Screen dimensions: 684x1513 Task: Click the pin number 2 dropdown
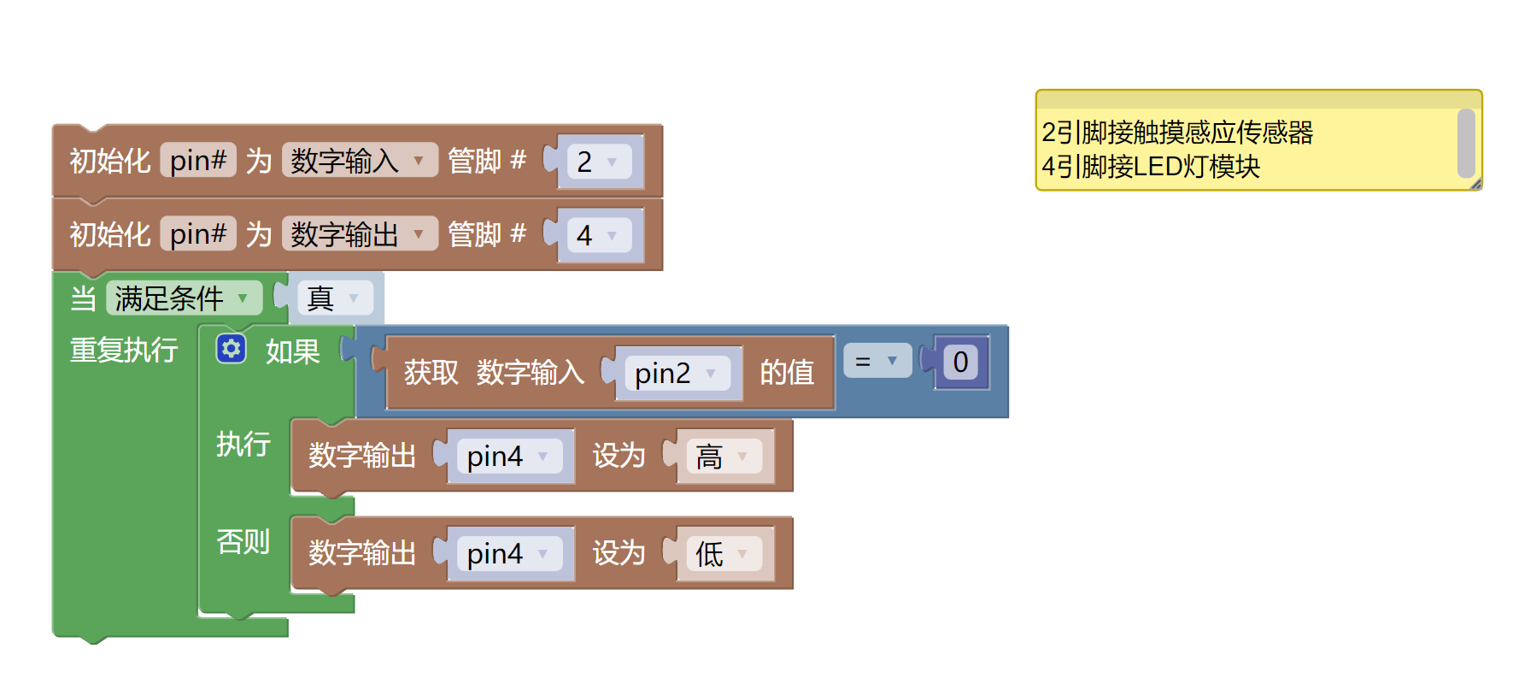[x=598, y=162]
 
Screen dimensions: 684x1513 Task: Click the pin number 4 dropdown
[x=598, y=235]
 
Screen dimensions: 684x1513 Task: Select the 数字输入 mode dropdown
[x=358, y=161]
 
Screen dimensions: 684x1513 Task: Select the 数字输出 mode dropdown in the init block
[x=358, y=234]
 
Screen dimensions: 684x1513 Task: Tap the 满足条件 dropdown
[x=183, y=298]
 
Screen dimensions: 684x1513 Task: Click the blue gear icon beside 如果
[x=231, y=349]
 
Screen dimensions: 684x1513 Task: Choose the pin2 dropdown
[x=675, y=374]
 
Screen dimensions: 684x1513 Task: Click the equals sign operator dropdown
[x=877, y=362]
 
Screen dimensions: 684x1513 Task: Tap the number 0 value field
[x=960, y=362]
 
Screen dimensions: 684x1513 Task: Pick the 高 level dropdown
[x=723, y=457]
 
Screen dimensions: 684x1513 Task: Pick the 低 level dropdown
[x=723, y=554]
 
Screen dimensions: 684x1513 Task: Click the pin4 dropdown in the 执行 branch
[x=508, y=457]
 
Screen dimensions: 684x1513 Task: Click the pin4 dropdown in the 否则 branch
[x=508, y=554]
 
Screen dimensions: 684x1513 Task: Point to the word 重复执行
[x=124, y=350]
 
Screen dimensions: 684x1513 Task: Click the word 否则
[x=243, y=541]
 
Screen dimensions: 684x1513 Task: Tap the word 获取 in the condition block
[x=431, y=373]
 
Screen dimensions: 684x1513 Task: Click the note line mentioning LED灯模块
[x=1151, y=167]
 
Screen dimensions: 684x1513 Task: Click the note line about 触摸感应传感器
[x=1177, y=133]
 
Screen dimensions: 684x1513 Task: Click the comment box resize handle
[x=1475, y=184]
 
